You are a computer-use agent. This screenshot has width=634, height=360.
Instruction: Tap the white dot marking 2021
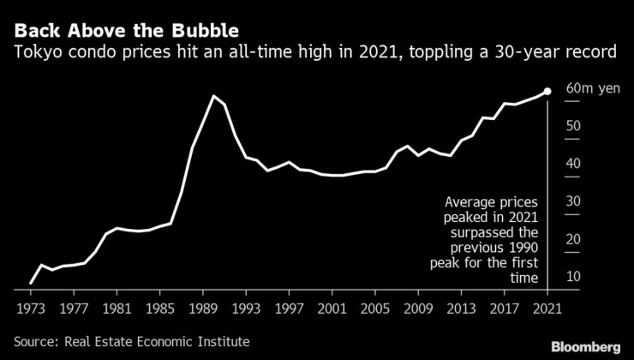click(x=547, y=91)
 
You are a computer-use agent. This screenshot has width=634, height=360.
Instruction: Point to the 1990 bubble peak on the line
click(x=213, y=96)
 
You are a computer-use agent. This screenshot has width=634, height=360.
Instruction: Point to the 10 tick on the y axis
click(x=574, y=276)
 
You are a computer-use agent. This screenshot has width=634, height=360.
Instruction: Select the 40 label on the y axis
click(x=574, y=164)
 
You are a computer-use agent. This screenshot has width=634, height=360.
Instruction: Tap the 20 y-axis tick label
click(x=574, y=239)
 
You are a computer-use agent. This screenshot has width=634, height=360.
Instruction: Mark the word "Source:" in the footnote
click(x=37, y=340)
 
